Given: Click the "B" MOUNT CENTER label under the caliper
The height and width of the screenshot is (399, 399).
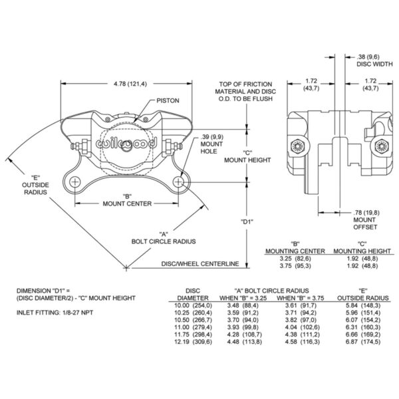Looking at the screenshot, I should click(126, 199).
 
